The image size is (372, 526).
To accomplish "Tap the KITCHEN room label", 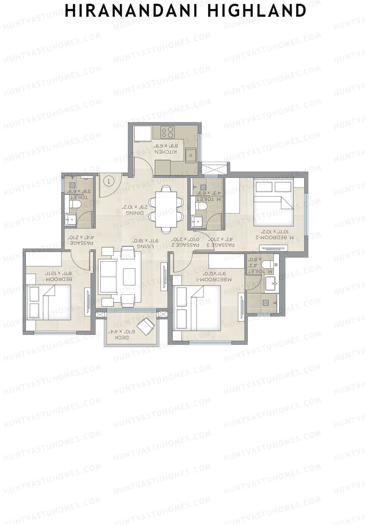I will tap(166, 152).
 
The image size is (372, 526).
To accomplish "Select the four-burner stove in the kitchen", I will tap(167, 132).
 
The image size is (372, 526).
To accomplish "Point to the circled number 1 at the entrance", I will tap(108, 181).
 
